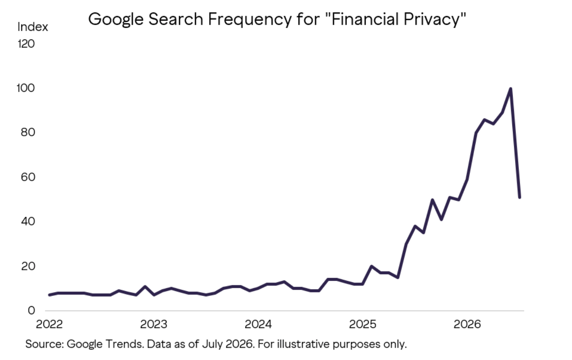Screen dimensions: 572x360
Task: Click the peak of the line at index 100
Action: point(510,89)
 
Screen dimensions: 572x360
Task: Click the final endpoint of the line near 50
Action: point(520,197)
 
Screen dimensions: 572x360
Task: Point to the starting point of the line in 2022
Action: point(50,295)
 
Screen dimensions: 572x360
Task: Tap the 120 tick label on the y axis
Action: point(26,44)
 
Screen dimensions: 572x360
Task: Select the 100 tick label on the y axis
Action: point(25,88)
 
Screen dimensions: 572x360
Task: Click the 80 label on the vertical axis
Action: point(28,132)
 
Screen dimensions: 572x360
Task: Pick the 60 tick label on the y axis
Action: point(28,177)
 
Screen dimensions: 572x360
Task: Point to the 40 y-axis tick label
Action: point(28,221)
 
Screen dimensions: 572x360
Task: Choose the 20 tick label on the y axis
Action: point(28,266)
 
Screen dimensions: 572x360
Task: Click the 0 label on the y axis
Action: point(31,310)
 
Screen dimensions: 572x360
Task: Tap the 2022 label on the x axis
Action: point(49,324)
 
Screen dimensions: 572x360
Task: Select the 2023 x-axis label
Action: point(154,324)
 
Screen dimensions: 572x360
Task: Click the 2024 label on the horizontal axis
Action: point(258,324)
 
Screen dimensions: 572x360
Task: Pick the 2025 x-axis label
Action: point(362,324)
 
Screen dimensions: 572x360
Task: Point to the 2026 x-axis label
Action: point(467,324)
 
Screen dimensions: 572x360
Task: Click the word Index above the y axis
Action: point(33,27)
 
